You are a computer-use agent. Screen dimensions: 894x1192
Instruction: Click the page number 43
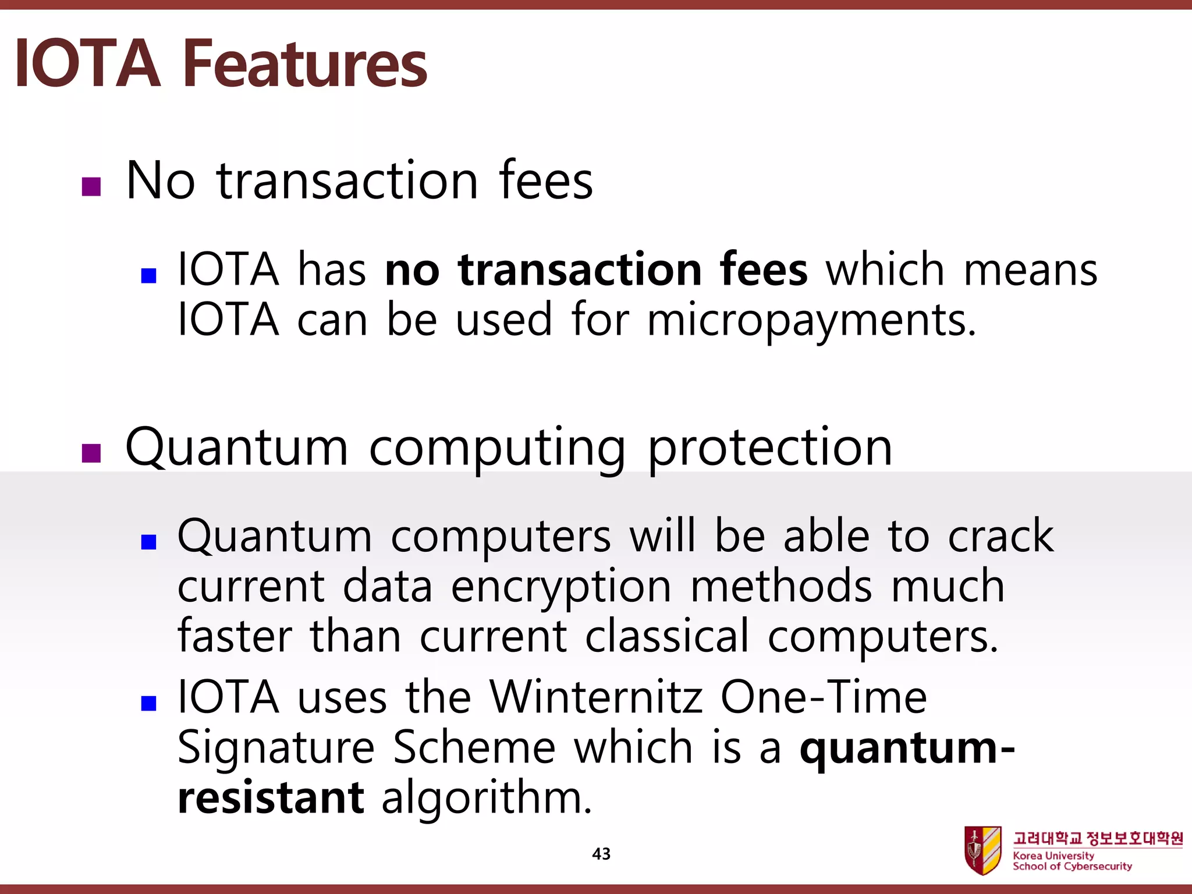601,854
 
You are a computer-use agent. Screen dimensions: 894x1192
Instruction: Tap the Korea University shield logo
983,850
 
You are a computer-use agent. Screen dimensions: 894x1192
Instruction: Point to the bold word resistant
271,797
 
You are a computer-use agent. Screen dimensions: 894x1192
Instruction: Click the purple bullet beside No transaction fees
91,187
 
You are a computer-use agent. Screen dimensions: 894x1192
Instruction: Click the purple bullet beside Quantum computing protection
91,453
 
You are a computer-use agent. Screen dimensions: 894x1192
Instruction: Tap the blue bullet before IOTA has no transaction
149,275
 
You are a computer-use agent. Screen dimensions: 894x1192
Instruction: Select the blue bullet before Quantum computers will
149,542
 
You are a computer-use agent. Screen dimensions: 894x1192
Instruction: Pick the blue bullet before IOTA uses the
149,703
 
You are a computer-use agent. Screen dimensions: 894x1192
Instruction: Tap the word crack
1001,536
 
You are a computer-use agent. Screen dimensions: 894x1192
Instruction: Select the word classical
667,636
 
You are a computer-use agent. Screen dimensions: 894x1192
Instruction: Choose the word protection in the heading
769,448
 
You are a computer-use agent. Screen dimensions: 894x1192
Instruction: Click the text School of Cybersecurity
1072,867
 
